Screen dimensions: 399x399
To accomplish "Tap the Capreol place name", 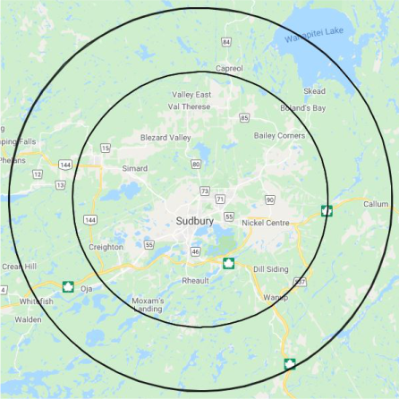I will click(229, 68).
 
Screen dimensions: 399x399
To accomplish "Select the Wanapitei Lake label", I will click(313, 35).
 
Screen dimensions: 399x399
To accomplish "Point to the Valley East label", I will click(191, 94).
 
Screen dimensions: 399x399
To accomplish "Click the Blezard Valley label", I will click(166, 137).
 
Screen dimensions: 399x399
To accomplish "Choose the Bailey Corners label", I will click(279, 135).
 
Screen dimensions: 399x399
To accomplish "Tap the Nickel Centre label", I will click(266, 222).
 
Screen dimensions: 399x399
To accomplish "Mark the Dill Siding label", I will click(270, 268).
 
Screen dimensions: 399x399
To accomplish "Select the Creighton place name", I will click(106, 246).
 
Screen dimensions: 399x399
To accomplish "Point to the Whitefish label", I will click(35, 301).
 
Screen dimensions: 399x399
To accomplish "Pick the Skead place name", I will click(314, 91).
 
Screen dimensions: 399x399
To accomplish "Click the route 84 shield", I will click(226, 42).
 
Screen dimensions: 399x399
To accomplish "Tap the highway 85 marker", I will click(244, 117).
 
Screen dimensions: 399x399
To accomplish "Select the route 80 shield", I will click(196, 164).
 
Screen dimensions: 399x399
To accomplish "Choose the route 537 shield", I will click(300, 281).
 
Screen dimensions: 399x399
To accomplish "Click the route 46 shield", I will click(195, 251).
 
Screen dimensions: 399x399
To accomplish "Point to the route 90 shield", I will click(269, 199).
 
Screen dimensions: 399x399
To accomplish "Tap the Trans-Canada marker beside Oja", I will click(68, 286).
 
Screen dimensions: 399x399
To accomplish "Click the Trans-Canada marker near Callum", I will click(327, 211).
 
